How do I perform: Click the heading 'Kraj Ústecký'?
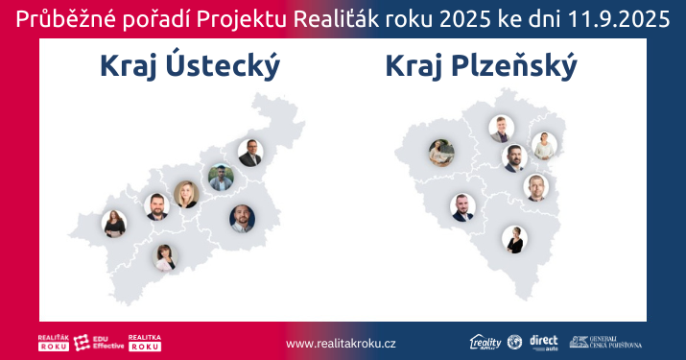(189, 67)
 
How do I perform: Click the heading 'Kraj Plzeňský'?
(481, 67)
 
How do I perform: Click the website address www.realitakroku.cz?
(342, 343)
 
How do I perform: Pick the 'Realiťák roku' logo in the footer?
(52, 342)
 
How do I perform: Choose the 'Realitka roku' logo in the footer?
(144, 342)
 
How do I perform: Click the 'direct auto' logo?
(543, 342)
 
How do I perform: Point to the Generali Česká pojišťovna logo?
(605, 342)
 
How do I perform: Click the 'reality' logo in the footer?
(485, 342)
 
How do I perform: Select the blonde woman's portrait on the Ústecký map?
(186, 194)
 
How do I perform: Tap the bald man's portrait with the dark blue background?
(242, 218)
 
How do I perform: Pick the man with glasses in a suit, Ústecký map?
(250, 153)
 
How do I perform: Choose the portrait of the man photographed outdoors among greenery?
(221, 179)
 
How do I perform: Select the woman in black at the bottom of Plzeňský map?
(514, 239)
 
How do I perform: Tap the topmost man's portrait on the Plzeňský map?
(501, 129)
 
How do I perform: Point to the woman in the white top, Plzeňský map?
(544, 146)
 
